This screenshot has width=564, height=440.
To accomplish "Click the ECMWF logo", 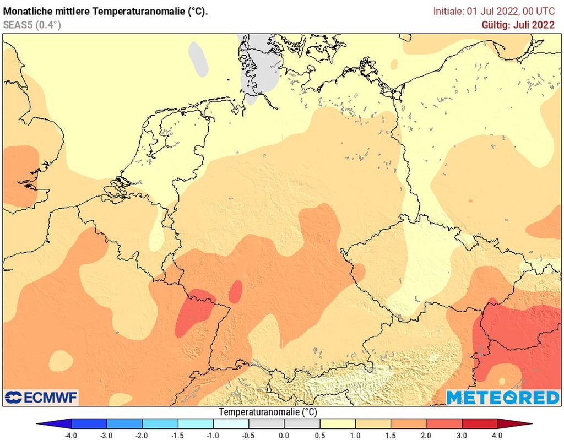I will [41, 397].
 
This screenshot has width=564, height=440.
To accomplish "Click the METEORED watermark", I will [502, 397].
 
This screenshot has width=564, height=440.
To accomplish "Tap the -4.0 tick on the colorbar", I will [71, 435].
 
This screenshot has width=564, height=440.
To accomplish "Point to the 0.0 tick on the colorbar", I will [284, 435].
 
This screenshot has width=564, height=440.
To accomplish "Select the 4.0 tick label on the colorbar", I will [497, 435].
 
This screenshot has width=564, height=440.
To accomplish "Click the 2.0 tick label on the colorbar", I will [426, 435].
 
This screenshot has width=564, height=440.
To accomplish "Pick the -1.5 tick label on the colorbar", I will [178, 435].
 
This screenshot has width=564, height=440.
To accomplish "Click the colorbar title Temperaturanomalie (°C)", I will [268, 412].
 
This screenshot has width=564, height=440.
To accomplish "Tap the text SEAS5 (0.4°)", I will [32, 25].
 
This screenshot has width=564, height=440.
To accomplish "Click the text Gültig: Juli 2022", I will [518, 25].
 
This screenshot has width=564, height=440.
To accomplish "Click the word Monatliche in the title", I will [28, 11].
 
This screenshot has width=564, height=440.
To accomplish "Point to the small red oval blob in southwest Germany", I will [236, 291].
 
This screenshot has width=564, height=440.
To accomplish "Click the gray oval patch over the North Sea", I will [198, 58].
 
